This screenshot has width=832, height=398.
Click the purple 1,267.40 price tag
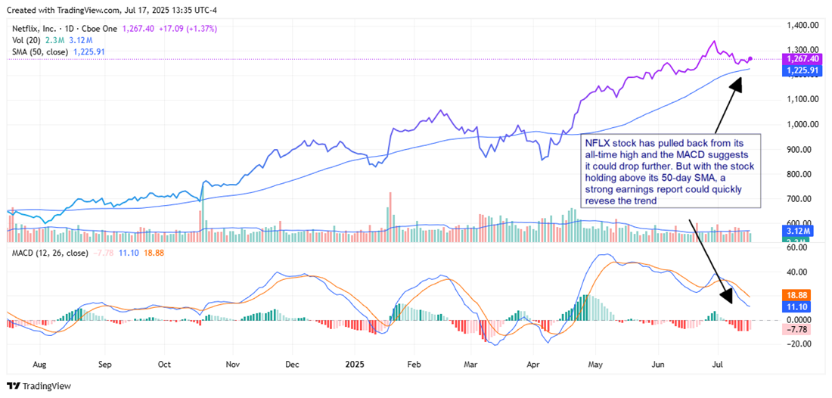pyautogui.click(x=802, y=58)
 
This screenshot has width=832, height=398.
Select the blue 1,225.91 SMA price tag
pyautogui.click(x=802, y=70)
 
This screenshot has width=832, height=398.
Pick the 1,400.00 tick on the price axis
pyautogui.click(x=801, y=26)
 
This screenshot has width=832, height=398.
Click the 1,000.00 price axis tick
pyautogui.click(x=801, y=124)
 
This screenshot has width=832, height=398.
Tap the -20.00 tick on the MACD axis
pyautogui.click(x=798, y=344)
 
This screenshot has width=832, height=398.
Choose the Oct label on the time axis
pyautogui.click(x=163, y=363)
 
